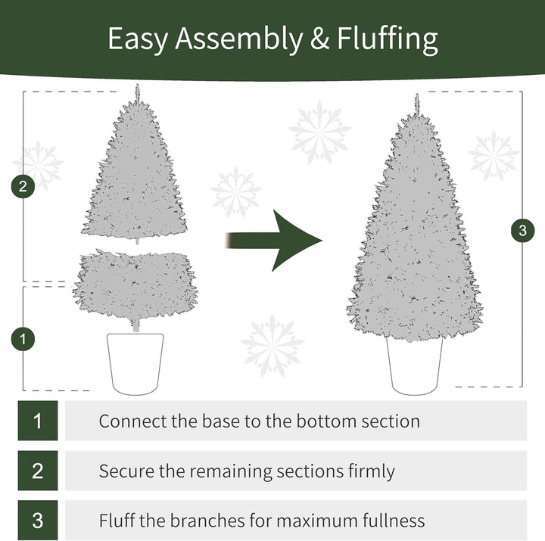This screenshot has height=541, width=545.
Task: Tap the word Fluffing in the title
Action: pos(384,39)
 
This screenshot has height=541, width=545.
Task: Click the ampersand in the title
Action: pos(319,39)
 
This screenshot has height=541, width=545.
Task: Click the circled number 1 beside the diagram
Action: pos(23,339)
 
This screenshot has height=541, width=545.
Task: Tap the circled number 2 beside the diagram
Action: pos(23,186)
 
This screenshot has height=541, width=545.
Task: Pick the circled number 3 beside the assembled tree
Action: pos(522,230)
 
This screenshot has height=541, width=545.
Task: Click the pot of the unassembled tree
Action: pos(135,362)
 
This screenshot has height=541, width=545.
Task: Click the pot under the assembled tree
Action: pos(414,365)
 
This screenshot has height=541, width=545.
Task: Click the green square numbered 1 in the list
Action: pos(38,421)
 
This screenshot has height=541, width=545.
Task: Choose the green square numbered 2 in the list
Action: pos(38,471)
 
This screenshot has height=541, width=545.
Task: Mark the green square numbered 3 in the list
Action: pos(38,521)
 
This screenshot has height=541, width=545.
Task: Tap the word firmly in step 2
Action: pos(368,471)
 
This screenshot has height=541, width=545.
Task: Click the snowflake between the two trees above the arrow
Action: pos(235,191)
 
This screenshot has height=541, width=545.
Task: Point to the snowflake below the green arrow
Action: pos(272,345)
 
